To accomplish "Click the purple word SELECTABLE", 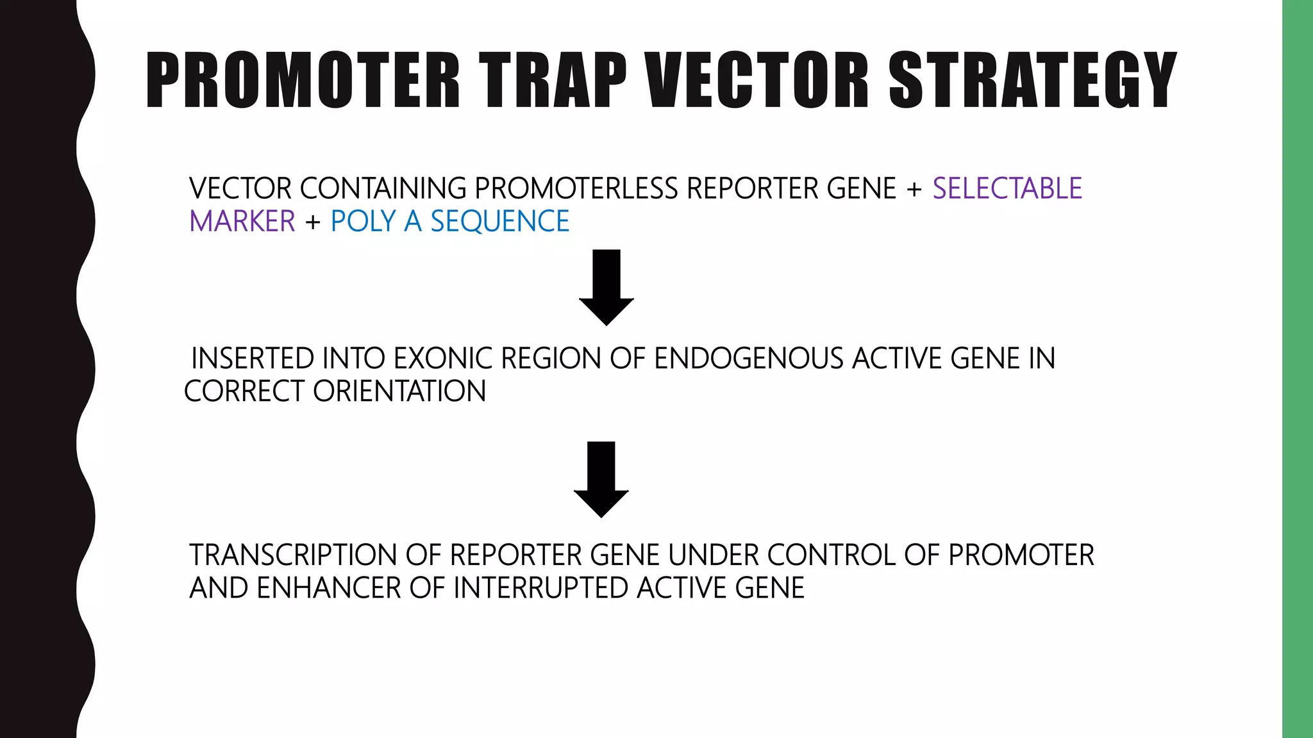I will click(x=1007, y=188).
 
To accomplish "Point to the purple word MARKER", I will click(x=242, y=222).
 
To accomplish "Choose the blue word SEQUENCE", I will click(x=499, y=222).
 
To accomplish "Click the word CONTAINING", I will click(x=383, y=188).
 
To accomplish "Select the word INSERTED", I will click(x=253, y=359).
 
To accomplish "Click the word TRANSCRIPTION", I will click(x=293, y=555).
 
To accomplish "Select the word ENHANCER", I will click(x=328, y=588).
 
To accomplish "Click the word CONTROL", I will click(x=831, y=555).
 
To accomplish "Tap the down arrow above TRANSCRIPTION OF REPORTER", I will click(x=601, y=479).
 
